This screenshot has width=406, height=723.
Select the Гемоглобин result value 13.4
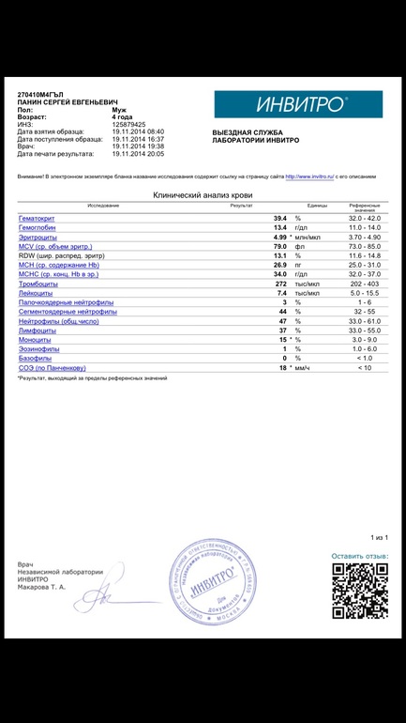279,228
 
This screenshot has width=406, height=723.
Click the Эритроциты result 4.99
279,238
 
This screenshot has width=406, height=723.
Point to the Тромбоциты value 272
278,284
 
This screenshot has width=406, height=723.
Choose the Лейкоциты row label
36,293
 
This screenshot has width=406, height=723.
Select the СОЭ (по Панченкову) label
53,368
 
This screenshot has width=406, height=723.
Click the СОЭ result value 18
281,368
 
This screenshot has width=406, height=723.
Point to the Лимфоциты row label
37,331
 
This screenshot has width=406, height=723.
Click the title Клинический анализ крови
203,195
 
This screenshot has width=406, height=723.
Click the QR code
360,591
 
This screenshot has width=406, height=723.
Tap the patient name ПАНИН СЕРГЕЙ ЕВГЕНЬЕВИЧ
70,103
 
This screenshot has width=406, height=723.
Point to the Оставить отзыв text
359,557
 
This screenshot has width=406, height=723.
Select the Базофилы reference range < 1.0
365,359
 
